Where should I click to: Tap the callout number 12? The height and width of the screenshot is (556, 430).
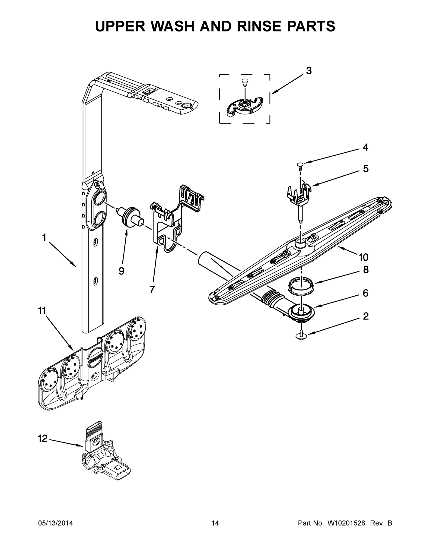click(x=43, y=438)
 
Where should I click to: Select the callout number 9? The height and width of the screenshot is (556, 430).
click(x=121, y=271)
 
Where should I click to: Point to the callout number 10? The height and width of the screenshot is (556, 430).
click(x=363, y=257)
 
